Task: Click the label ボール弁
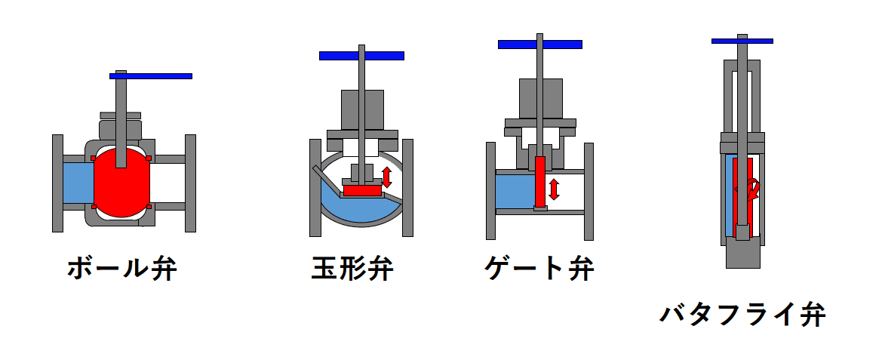click(x=121, y=269)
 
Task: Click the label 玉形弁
click(x=352, y=269)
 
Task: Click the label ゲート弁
click(x=539, y=269)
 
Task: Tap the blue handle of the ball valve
click(x=151, y=76)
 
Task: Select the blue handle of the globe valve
click(x=361, y=56)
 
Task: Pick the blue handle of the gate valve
click(x=539, y=45)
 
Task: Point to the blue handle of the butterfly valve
click(x=742, y=40)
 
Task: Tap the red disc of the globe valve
click(x=362, y=191)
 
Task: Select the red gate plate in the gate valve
click(x=539, y=181)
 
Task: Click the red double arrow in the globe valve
click(x=387, y=177)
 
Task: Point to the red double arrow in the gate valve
click(x=555, y=189)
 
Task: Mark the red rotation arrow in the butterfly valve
click(x=751, y=189)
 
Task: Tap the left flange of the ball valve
click(x=57, y=183)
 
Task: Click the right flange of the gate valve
click(x=589, y=191)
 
